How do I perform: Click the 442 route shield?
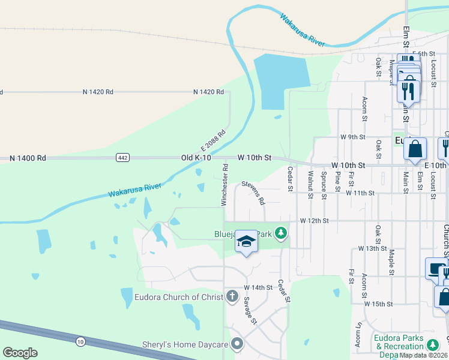[122, 157]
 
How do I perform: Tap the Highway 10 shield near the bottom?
[80, 341]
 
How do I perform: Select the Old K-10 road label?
[196, 158]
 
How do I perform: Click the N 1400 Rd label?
[28, 158]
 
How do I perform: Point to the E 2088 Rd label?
[213, 142]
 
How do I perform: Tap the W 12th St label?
[315, 221]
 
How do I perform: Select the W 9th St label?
[352, 137]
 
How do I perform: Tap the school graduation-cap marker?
[246, 241]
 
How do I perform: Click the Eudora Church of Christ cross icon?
[232, 296]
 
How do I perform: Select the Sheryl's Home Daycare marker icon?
[237, 344]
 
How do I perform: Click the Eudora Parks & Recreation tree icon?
[432, 342]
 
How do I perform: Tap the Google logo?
[20, 353]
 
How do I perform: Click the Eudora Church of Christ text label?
[179, 297]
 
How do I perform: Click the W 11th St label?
[360, 193]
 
